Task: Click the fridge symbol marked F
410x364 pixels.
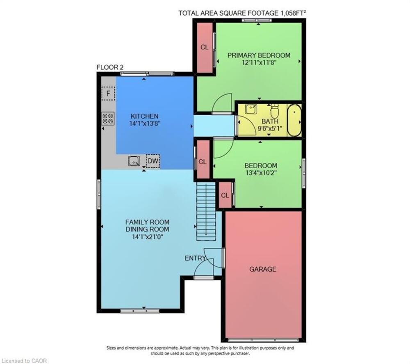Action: click(x=108, y=93)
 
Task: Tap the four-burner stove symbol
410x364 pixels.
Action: click(x=108, y=118)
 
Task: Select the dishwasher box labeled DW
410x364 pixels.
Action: click(x=153, y=161)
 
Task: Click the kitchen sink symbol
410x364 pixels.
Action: click(x=134, y=161)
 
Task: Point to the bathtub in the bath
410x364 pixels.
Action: click(x=294, y=120)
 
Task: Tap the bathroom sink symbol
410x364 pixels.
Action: click(x=251, y=109)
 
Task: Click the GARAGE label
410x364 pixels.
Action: click(x=262, y=269)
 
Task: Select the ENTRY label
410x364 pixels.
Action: click(x=195, y=258)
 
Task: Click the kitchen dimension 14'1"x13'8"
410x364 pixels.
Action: click(x=145, y=123)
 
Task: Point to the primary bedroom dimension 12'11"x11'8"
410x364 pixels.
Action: click(x=259, y=62)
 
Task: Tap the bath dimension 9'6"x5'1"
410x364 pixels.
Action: click(x=270, y=128)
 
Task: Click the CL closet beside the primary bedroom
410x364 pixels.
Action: click(x=205, y=47)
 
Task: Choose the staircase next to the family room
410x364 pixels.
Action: click(x=206, y=211)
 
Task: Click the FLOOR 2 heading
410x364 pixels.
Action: click(x=110, y=67)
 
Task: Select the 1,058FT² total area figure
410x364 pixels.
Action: click(x=293, y=13)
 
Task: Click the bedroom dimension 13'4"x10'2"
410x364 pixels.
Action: click(x=261, y=173)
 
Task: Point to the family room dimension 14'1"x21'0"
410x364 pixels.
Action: click(x=148, y=237)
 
